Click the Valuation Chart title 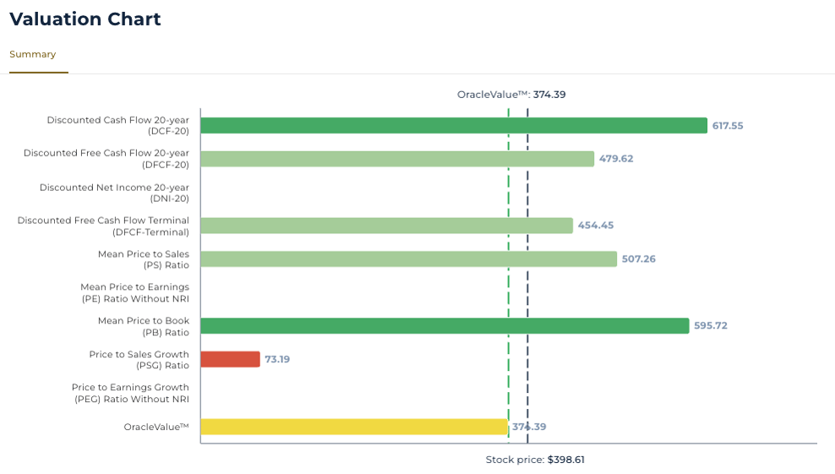85,19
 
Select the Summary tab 33,54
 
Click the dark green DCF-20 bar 453,125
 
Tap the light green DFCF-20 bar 397,159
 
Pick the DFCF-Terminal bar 386,226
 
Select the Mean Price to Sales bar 408,259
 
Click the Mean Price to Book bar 445,325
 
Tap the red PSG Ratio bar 230,359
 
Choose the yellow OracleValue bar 354,427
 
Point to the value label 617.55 728,125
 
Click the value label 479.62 615,159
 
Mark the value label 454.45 594,226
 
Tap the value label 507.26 638,259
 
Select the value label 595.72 710,325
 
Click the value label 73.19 277,359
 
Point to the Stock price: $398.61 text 535,460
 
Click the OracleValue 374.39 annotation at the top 511,95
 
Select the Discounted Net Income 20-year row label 115,193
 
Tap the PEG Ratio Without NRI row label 130,393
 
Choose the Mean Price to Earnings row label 134,292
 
